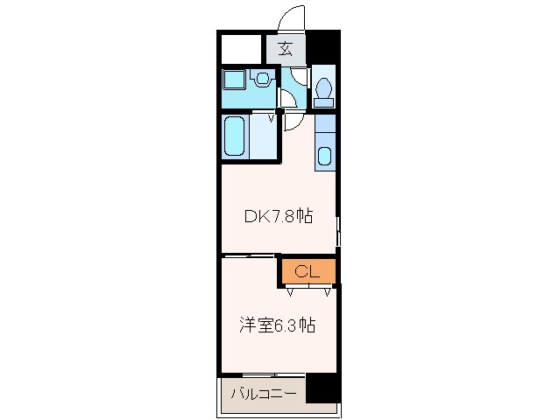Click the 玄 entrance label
(286, 49)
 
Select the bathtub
(235, 136)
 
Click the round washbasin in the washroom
(262, 79)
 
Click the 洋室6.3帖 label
(277, 325)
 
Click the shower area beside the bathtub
(264, 136)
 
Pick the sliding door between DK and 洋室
(249, 256)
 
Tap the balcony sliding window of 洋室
(263, 375)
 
